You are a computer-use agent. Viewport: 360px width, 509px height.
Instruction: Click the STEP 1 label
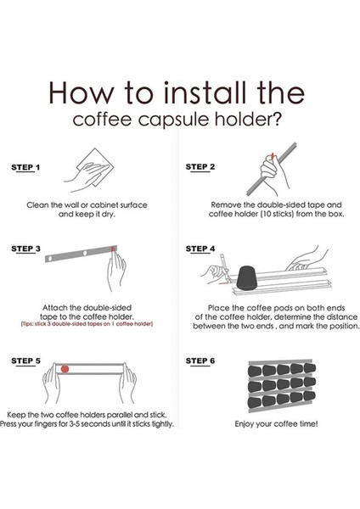click(25, 167)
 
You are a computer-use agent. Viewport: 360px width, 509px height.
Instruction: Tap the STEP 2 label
click(200, 167)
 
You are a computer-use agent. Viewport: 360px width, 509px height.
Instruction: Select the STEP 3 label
click(25, 249)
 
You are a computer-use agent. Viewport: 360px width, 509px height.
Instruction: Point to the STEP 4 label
click(200, 249)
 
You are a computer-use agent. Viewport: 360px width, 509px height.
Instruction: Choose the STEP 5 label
click(25, 361)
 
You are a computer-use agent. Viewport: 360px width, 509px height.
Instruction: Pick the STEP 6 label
click(200, 361)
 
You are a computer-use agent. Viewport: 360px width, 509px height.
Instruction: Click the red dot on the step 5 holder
click(65, 369)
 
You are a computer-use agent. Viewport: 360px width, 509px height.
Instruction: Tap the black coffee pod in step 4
click(246, 278)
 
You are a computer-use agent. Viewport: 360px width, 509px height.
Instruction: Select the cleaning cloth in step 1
click(96, 167)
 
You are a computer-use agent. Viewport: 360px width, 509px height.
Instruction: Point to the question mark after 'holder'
click(276, 119)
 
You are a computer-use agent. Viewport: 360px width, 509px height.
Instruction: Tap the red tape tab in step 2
click(273, 155)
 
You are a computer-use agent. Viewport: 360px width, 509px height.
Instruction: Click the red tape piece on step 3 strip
click(113, 249)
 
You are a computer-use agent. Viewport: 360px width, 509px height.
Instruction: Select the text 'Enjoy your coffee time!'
click(276, 424)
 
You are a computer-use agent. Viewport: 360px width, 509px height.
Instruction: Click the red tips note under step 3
click(87, 324)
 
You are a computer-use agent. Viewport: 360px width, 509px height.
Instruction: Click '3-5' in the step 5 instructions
click(75, 424)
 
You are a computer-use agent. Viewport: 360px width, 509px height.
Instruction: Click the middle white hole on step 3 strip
click(85, 253)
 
